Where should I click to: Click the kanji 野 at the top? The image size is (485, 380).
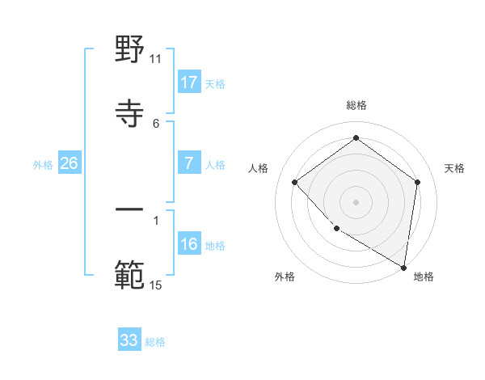tap(130, 50)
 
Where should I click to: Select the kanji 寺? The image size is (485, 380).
tap(130, 112)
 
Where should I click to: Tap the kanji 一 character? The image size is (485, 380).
tap(130, 210)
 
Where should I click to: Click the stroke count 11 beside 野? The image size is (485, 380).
tap(156, 58)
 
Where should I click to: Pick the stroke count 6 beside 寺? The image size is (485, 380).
tap(156, 123)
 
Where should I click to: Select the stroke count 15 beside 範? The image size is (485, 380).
tap(156, 285)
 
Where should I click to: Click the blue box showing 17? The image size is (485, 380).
tap(189, 82)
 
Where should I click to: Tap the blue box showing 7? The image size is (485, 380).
tap(189, 163)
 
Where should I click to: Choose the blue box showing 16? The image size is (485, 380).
tap(189, 244)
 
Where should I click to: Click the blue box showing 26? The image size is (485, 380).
tap(69, 163)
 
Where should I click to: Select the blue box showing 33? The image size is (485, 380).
tap(129, 340)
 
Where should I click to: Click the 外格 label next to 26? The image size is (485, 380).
tap(43, 164)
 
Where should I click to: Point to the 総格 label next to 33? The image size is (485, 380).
tap(155, 342)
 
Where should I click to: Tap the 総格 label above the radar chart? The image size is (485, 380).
tap(356, 105)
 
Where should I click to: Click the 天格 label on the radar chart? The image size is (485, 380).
tap(454, 168)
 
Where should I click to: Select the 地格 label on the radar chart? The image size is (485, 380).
tap(424, 277)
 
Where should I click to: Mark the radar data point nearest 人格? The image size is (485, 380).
tap(295, 182)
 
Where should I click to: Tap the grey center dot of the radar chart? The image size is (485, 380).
tap(356, 201)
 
